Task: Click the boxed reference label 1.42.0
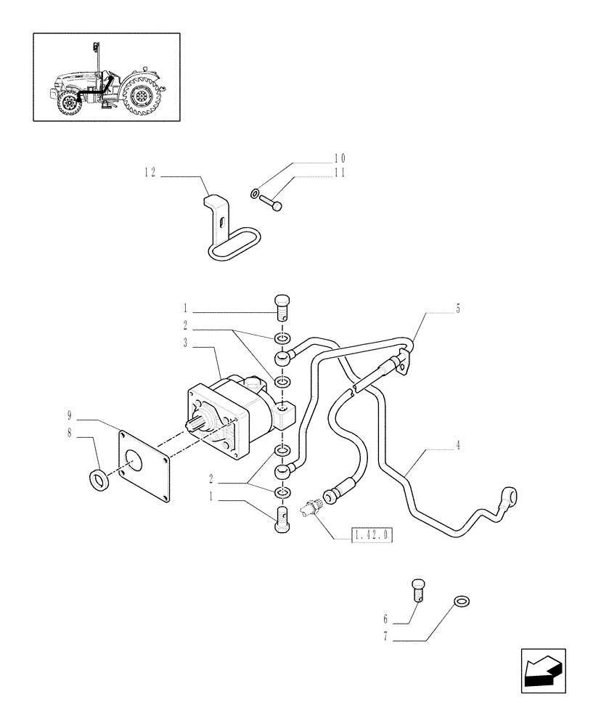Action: (372, 536)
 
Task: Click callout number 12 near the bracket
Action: (150, 172)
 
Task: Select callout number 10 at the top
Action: (340, 158)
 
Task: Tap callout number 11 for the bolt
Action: (340, 174)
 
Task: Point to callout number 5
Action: (458, 309)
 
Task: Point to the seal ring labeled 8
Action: (99, 480)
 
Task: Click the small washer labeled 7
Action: (459, 600)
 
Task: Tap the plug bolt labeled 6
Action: (418, 589)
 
